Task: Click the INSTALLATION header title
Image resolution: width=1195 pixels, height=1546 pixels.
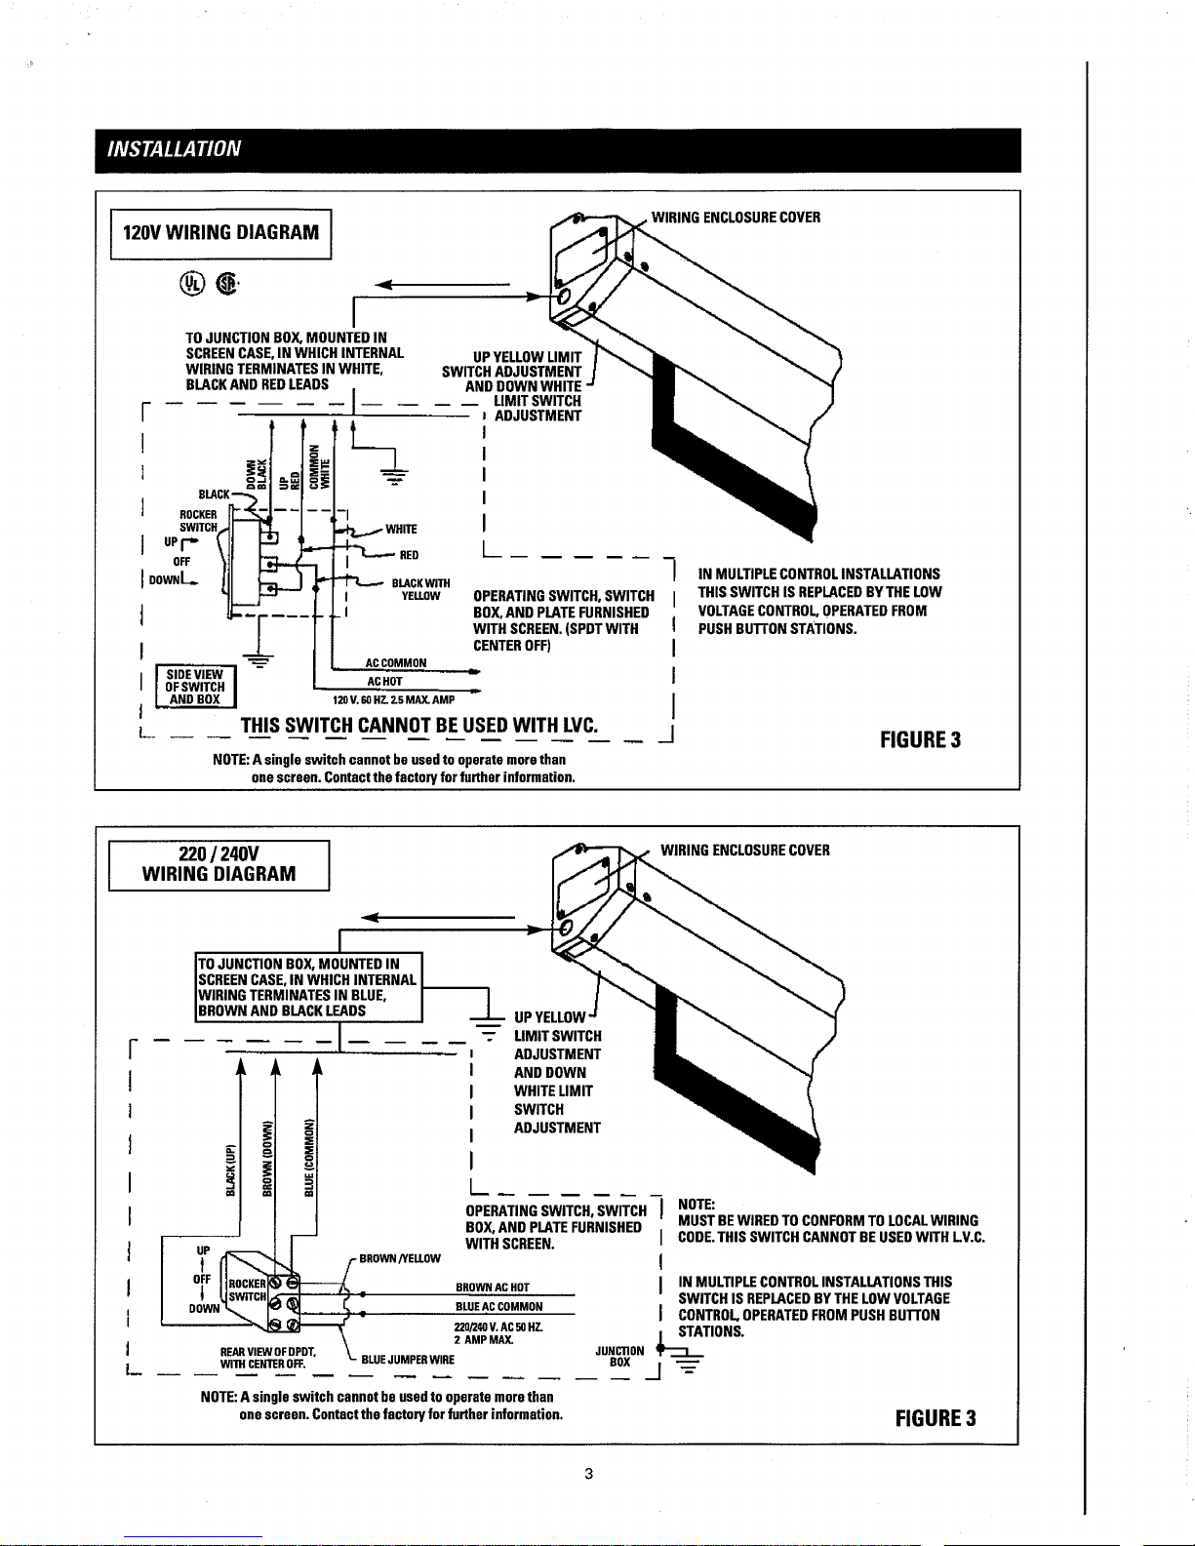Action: [x=168, y=149]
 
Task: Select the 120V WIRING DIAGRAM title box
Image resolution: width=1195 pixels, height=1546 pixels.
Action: [x=221, y=232]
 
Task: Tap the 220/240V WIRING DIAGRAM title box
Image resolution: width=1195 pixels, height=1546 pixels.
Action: [x=219, y=862]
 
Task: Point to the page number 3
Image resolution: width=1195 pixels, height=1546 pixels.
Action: [x=588, y=1473]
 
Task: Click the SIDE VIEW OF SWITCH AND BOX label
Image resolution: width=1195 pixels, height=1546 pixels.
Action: [x=195, y=687]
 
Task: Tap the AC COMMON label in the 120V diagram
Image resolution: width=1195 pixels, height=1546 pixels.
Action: [x=395, y=663]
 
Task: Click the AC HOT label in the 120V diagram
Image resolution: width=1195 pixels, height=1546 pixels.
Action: [x=383, y=681]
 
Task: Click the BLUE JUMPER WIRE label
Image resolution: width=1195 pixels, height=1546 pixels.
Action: [x=408, y=1360]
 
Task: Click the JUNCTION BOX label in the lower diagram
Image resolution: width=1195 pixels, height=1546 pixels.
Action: [x=618, y=1356]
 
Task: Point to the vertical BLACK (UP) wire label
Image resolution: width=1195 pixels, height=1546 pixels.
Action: [x=231, y=1169]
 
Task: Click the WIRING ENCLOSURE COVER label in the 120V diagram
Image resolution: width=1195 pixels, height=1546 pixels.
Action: [x=736, y=217]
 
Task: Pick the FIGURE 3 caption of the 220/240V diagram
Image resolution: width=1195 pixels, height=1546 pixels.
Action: [x=936, y=1417]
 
